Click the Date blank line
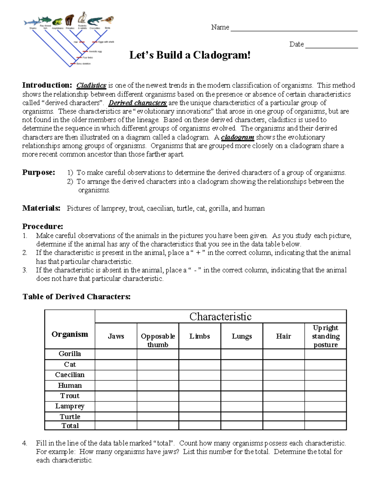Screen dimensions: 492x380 331,47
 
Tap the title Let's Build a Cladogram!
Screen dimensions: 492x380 190,55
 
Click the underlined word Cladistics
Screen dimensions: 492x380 91,86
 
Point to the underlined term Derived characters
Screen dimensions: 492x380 137,103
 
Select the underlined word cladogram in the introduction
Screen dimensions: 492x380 237,137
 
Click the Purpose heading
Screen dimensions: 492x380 38,173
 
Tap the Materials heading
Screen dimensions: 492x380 41,208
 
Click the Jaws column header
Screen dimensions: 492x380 116,336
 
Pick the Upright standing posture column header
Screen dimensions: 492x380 326,336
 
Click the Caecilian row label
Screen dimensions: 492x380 70,375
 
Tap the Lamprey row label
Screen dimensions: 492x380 70,406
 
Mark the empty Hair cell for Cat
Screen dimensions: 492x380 283,365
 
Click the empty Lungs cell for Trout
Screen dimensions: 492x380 242,396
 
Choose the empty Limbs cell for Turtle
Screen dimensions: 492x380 199,417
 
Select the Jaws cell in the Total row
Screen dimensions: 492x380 116,425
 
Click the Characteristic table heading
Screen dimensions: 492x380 220,316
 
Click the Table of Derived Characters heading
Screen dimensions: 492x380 76,297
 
